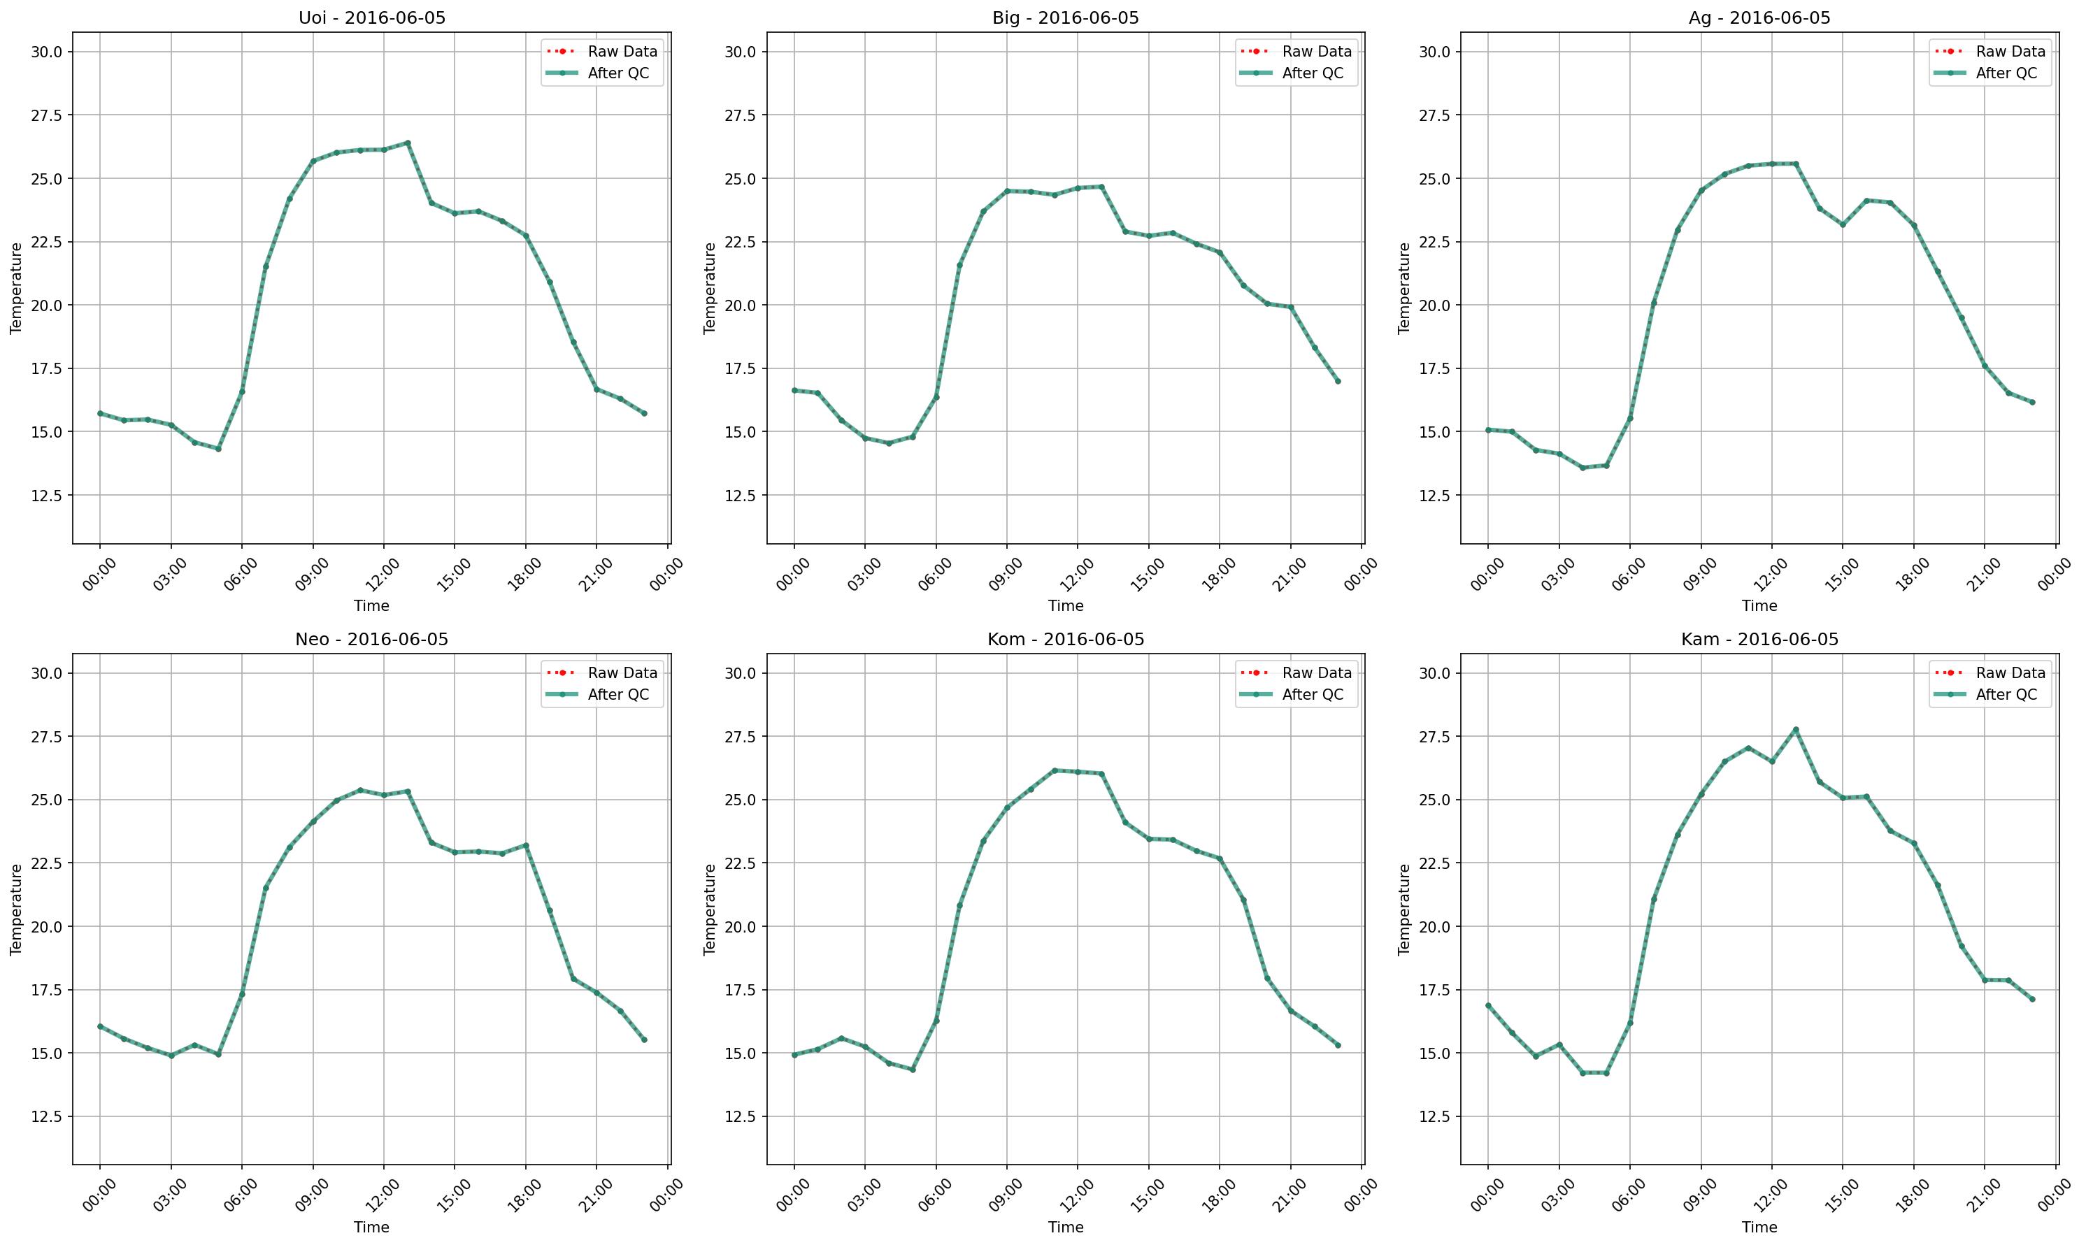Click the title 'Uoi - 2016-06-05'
pos(372,17)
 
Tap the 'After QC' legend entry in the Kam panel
pos(2006,695)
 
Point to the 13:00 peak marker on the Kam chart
pos(1796,730)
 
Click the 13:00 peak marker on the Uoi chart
pos(408,143)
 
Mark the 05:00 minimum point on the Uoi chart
pos(218,449)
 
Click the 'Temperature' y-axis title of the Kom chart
pos(710,909)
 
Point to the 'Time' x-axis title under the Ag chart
pos(1759,605)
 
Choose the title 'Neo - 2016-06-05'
pos(372,640)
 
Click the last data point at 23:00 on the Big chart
pos(1338,381)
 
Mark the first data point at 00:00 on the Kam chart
pos(1487,1005)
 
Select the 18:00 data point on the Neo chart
pos(526,845)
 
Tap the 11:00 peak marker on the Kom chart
pos(1054,770)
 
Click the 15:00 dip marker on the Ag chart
pos(1843,225)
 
